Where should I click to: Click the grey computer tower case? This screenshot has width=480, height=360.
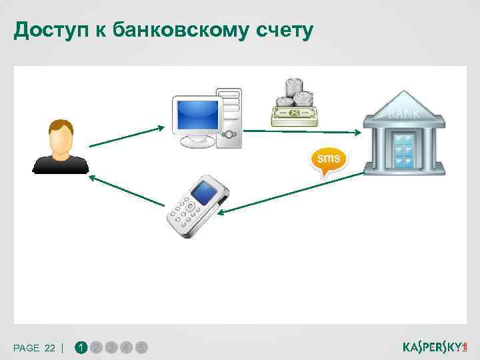pyautogui.click(x=228, y=117)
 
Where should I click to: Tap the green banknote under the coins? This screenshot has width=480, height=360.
pyautogui.click(x=294, y=116)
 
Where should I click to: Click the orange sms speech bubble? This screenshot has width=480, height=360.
pyautogui.click(x=327, y=160)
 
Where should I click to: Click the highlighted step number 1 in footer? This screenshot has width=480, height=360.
pyautogui.click(x=81, y=347)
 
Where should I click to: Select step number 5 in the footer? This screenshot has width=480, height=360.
pyautogui.click(x=141, y=347)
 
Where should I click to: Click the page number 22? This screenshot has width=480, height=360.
pyautogui.click(x=50, y=348)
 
